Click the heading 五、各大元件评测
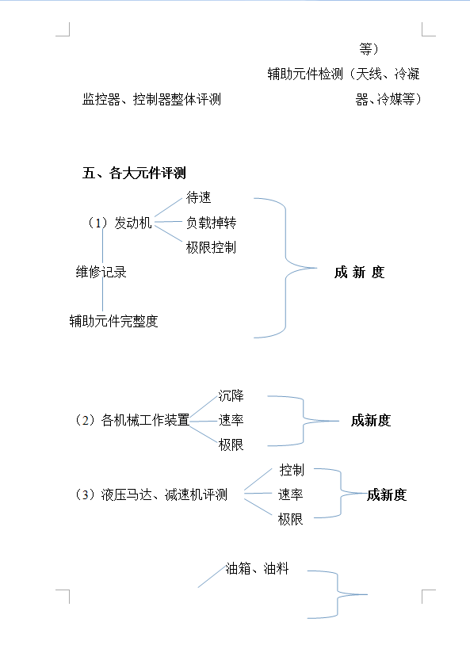click(x=134, y=173)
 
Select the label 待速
click(x=198, y=197)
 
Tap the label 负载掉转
click(x=211, y=223)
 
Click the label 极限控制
click(x=211, y=247)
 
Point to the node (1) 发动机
click(x=120, y=223)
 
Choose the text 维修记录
click(x=101, y=272)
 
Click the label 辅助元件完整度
click(x=113, y=321)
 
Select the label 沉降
click(x=231, y=395)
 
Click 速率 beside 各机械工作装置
click(x=231, y=420)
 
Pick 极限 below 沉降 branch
click(x=231, y=445)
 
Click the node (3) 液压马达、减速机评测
click(x=151, y=494)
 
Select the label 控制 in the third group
click(x=292, y=470)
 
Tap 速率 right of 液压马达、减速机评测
click(x=291, y=494)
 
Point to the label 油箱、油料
click(x=258, y=568)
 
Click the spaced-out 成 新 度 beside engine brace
click(x=359, y=273)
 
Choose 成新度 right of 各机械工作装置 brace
click(x=371, y=421)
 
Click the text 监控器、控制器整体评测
click(x=151, y=99)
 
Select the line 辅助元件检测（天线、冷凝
click(x=344, y=74)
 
